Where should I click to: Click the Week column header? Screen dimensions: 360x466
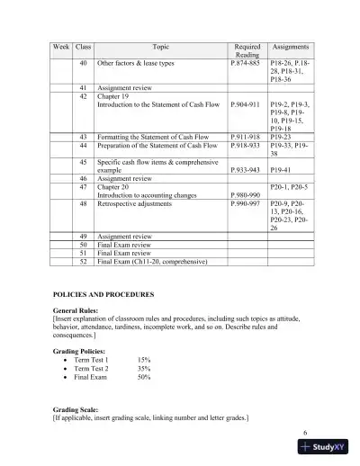tap(61, 46)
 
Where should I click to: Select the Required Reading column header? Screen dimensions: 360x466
tap(247, 49)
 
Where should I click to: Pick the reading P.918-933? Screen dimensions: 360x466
tap(248, 144)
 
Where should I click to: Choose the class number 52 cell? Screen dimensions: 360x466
tap(84, 262)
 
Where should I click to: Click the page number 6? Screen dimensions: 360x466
tap(305, 433)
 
